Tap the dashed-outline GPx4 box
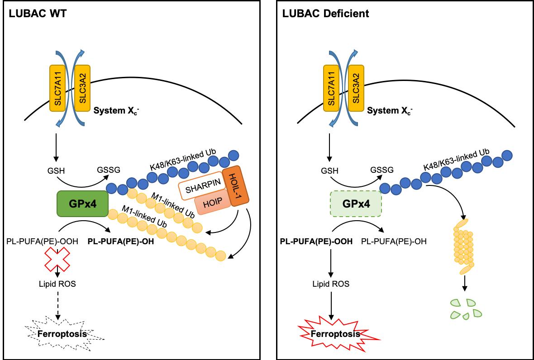(x=356, y=204)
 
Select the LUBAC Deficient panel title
(x=326, y=14)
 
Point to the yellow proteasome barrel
(x=463, y=248)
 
